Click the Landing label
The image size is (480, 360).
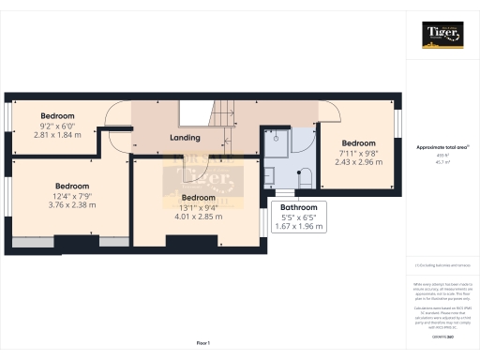[x=184, y=138]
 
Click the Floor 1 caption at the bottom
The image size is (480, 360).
[x=202, y=343]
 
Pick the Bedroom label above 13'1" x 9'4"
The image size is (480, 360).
[x=197, y=197]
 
